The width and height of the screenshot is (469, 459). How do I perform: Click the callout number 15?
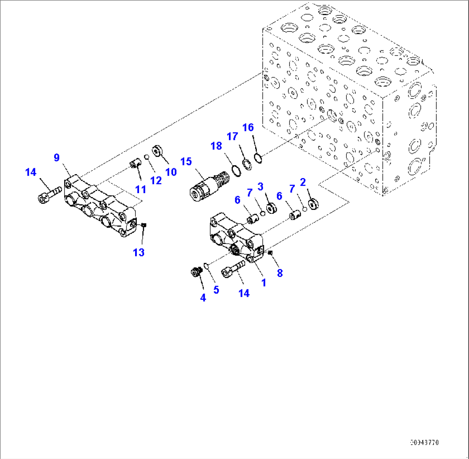coord(186,162)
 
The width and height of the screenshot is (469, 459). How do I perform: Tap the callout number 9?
coord(56,158)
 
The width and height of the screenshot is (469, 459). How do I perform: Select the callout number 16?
coord(248,127)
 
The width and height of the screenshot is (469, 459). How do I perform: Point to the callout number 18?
coord(216,146)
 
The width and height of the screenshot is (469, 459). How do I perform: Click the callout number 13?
coord(139,253)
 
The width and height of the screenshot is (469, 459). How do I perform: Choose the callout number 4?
coord(203,297)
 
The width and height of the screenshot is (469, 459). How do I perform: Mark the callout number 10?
coord(171,172)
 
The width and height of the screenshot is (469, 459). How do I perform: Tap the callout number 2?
coord(303,182)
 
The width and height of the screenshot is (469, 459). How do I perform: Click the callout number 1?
coord(264,283)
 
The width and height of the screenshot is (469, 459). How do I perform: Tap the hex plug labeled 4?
coord(197,272)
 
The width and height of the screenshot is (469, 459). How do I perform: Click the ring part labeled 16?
coord(257,159)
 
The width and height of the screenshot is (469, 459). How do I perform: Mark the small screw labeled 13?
coord(145,225)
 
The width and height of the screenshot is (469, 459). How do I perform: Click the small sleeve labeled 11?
coord(135,164)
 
